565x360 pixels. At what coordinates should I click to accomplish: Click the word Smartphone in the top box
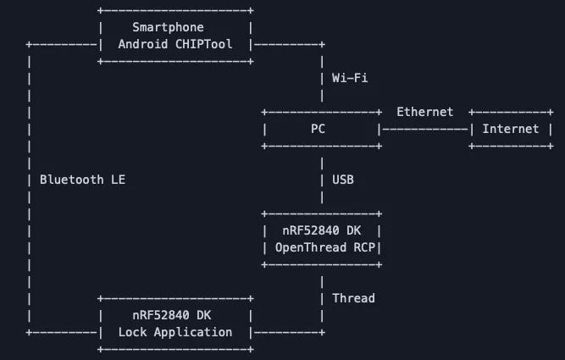(168, 27)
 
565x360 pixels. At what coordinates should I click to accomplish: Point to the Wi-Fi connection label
(349, 78)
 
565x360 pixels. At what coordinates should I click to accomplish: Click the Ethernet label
(424, 112)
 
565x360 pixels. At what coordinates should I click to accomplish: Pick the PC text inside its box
(318, 129)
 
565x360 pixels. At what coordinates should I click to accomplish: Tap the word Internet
(510, 129)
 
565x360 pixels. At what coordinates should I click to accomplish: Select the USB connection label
(342, 180)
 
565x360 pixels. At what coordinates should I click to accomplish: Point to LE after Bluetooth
(118, 180)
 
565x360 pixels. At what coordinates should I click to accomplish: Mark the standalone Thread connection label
(352, 298)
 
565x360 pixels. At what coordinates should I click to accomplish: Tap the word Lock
(132, 332)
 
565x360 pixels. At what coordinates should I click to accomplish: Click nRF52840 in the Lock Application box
(161, 315)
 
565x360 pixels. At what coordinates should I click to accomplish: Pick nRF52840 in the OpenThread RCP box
(310, 230)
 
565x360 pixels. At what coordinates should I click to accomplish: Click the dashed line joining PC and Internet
(424, 129)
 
